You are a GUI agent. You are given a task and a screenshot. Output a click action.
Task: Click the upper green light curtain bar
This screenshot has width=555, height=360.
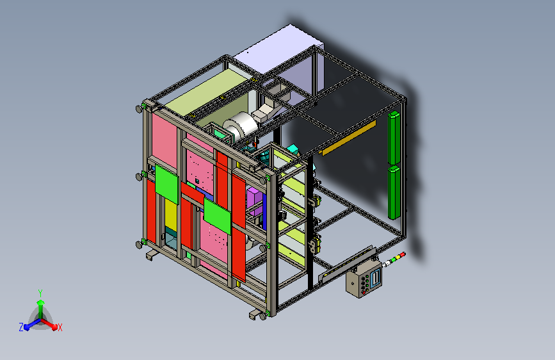pyautogui.click(x=394, y=138)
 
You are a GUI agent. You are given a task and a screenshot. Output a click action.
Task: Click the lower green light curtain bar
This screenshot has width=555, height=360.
pyautogui.click(x=394, y=192)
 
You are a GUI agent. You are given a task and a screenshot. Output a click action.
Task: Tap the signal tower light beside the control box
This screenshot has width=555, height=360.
pyautogui.click(x=394, y=259)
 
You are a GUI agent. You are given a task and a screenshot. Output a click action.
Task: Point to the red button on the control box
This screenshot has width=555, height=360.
pyautogui.click(x=364, y=293)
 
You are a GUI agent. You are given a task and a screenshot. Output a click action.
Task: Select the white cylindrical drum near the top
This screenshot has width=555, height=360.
pyautogui.click(x=241, y=126)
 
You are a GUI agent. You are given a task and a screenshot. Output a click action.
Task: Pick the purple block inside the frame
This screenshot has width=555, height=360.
pyautogui.click(x=255, y=201)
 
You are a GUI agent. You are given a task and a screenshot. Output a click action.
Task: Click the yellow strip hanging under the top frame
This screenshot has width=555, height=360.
pyautogui.click(x=348, y=138)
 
